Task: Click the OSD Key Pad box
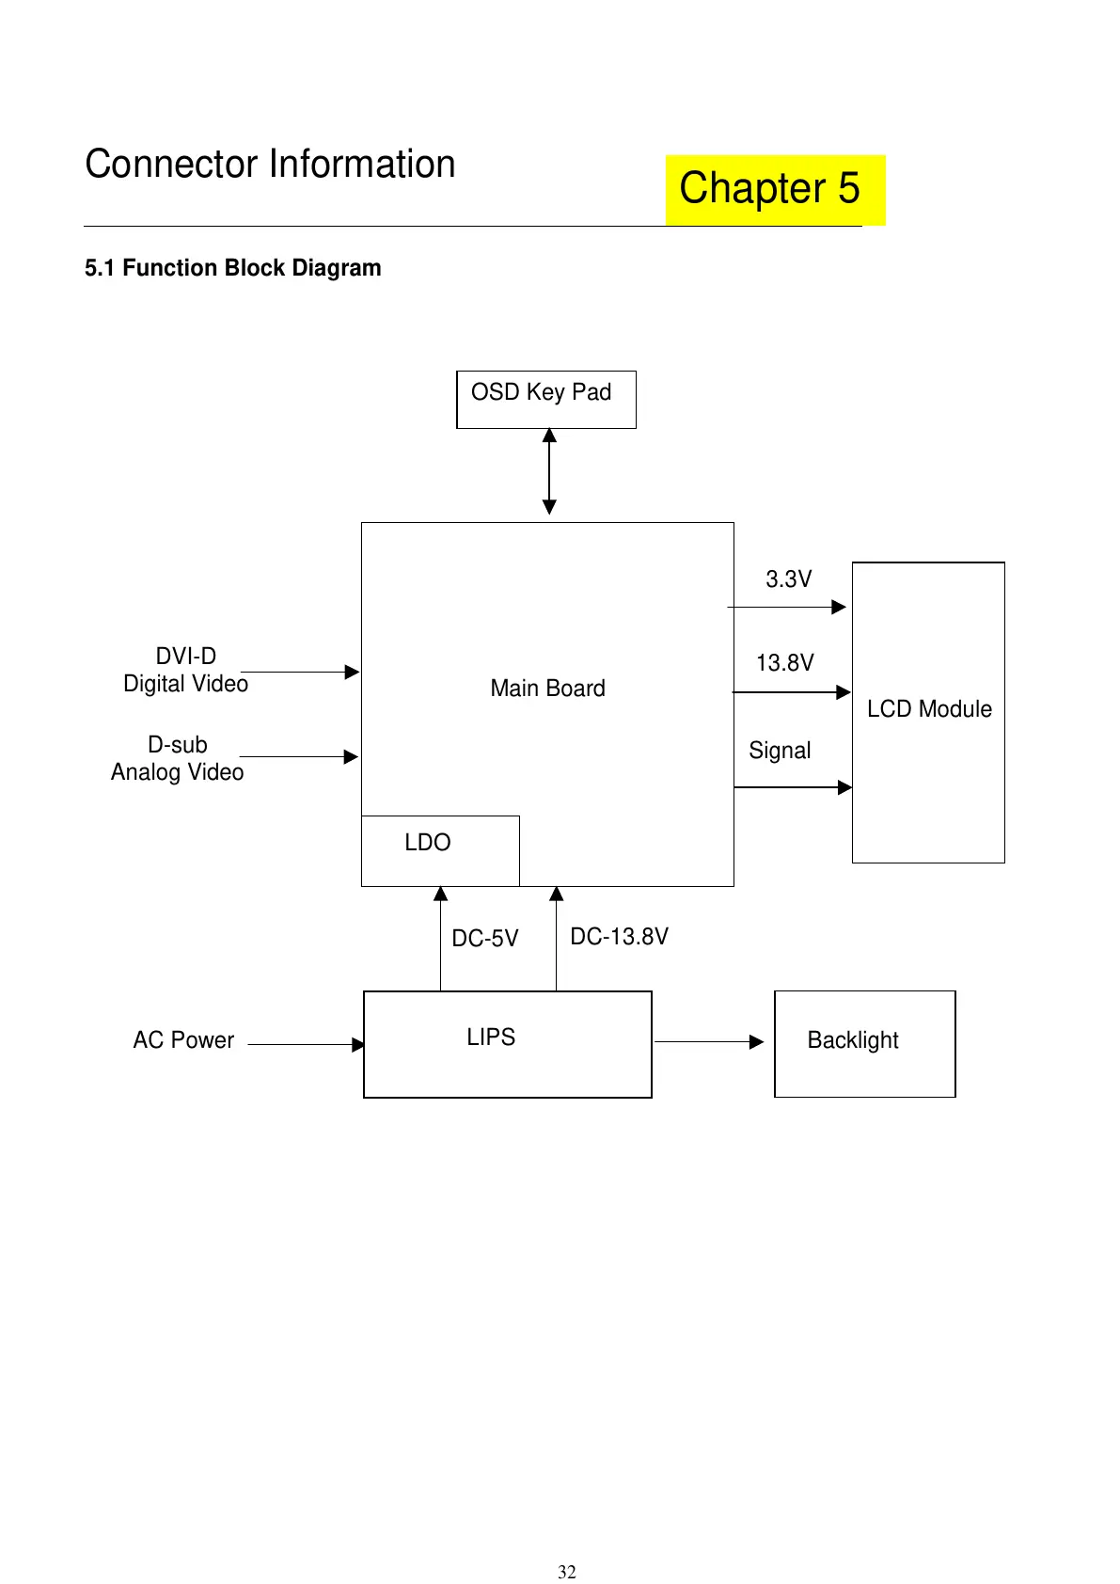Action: coord(545,400)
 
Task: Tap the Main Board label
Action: coord(547,689)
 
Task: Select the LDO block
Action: coord(439,849)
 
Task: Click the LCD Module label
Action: coord(929,709)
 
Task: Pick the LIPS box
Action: coord(507,1044)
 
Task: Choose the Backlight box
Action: coord(864,1043)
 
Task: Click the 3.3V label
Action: coord(788,579)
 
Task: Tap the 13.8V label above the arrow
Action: coord(784,663)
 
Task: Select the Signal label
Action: coord(780,751)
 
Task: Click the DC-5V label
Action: coord(484,939)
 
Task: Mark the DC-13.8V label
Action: coord(619,937)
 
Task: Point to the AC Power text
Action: coord(183,1040)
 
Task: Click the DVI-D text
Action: coord(186,657)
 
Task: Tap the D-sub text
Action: coord(178,745)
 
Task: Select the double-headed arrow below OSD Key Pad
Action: coord(549,472)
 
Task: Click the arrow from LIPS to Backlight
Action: coord(709,1041)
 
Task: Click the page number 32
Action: coord(567,1572)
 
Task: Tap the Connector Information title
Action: coord(270,165)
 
